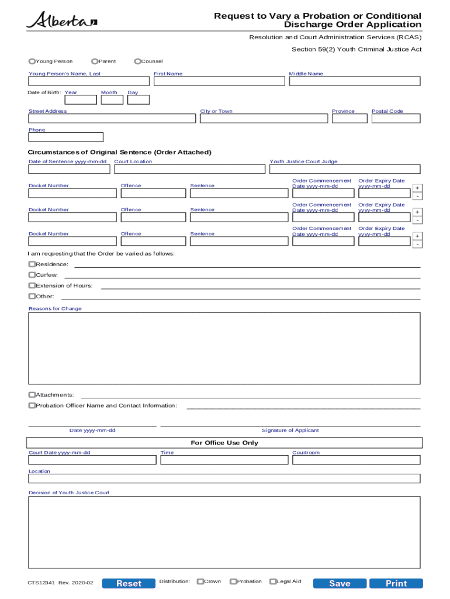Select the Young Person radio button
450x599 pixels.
32,61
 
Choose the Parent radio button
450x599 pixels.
95,61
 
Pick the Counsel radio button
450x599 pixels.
137,61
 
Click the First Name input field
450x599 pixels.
219,81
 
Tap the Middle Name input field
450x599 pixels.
354,81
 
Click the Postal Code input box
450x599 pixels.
396,119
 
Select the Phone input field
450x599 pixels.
66,137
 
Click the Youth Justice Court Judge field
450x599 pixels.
344,169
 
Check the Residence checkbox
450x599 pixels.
32,264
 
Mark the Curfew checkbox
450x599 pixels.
32,275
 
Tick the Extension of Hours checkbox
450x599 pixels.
32,285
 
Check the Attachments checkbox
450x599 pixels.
32,395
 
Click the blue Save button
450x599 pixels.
340,583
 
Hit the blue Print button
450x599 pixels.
396,583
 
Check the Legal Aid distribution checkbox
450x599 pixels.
273,581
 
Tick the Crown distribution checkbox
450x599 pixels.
200,581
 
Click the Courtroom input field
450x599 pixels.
356,460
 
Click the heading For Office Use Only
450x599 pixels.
224,443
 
